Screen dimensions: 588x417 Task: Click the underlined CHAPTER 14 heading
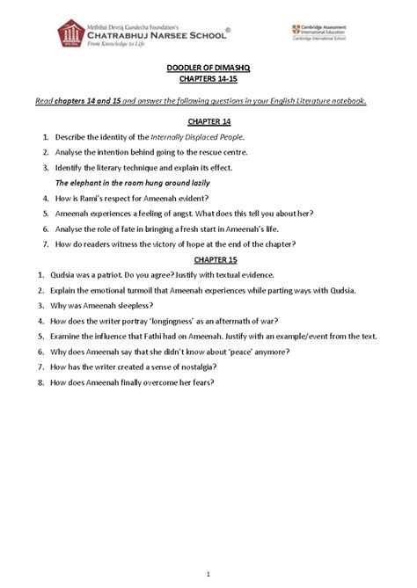[208, 123]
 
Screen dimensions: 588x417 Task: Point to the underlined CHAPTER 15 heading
[208, 261]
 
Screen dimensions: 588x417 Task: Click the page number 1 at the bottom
[208, 575]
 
